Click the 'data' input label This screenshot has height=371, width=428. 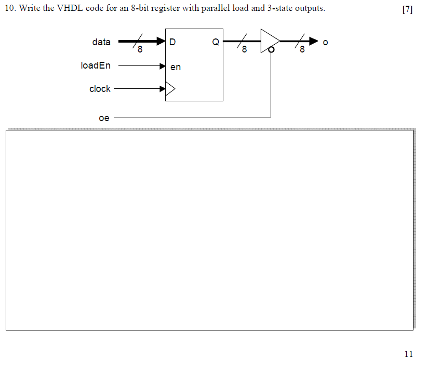pos(101,42)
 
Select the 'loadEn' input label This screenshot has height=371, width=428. pos(96,65)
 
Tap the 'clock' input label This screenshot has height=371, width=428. pos(100,89)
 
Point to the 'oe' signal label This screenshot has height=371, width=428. pos(104,118)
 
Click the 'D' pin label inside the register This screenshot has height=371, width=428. pos(172,43)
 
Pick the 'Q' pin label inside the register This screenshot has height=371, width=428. pos(216,43)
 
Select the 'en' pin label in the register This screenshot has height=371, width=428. pos(176,67)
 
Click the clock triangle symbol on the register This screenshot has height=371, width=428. pos(170,89)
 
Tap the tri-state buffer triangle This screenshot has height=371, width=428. pos(269,41)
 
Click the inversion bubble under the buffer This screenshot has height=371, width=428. pos(271,50)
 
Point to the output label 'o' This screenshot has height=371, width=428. pos(325,42)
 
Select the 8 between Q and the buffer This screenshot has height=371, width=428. pos(245,50)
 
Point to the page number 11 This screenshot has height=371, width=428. pos(408,354)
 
